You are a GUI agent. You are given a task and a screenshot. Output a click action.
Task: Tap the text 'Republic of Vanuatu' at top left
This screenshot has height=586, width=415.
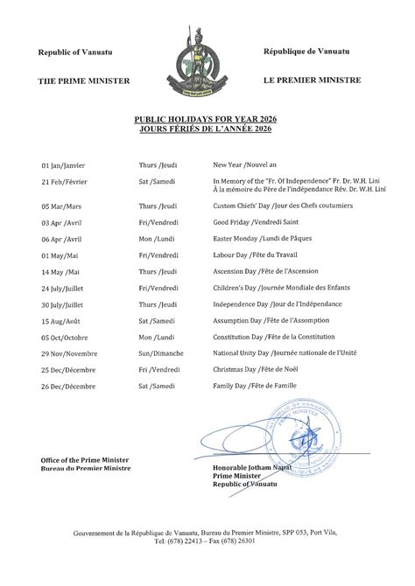pyautogui.click(x=75, y=53)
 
